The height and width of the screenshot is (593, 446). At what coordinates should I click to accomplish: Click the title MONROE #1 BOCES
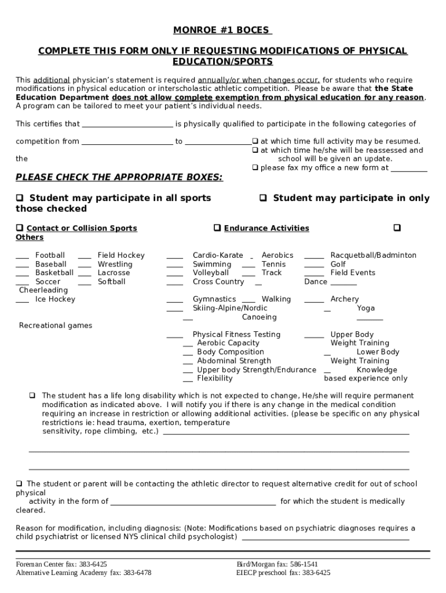[223, 31]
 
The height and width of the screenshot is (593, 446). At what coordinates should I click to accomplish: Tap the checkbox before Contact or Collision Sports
[20, 228]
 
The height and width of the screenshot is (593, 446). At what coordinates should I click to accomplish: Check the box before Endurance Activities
[217, 228]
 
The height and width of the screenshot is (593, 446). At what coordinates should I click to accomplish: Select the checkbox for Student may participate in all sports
[20, 198]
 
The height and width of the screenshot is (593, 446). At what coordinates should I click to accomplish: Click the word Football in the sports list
[50, 255]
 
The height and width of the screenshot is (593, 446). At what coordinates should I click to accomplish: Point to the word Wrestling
[115, 264]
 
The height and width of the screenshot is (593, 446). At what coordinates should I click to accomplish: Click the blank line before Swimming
[174, 264]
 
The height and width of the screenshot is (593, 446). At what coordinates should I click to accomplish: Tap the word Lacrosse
[114, 273]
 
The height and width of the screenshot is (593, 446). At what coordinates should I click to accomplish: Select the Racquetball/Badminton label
[373, 255]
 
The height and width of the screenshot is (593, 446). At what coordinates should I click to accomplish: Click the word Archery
[344, 299]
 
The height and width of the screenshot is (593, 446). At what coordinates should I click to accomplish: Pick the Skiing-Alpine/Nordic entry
[230, 308]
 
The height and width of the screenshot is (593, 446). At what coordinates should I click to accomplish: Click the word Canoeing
[259, 317]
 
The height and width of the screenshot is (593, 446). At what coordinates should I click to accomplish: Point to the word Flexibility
[214, 379]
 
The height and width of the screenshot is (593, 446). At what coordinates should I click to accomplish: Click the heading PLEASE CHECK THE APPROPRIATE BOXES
[119, 177]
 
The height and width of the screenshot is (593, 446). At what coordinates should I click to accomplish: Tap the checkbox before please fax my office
[255, 168]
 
